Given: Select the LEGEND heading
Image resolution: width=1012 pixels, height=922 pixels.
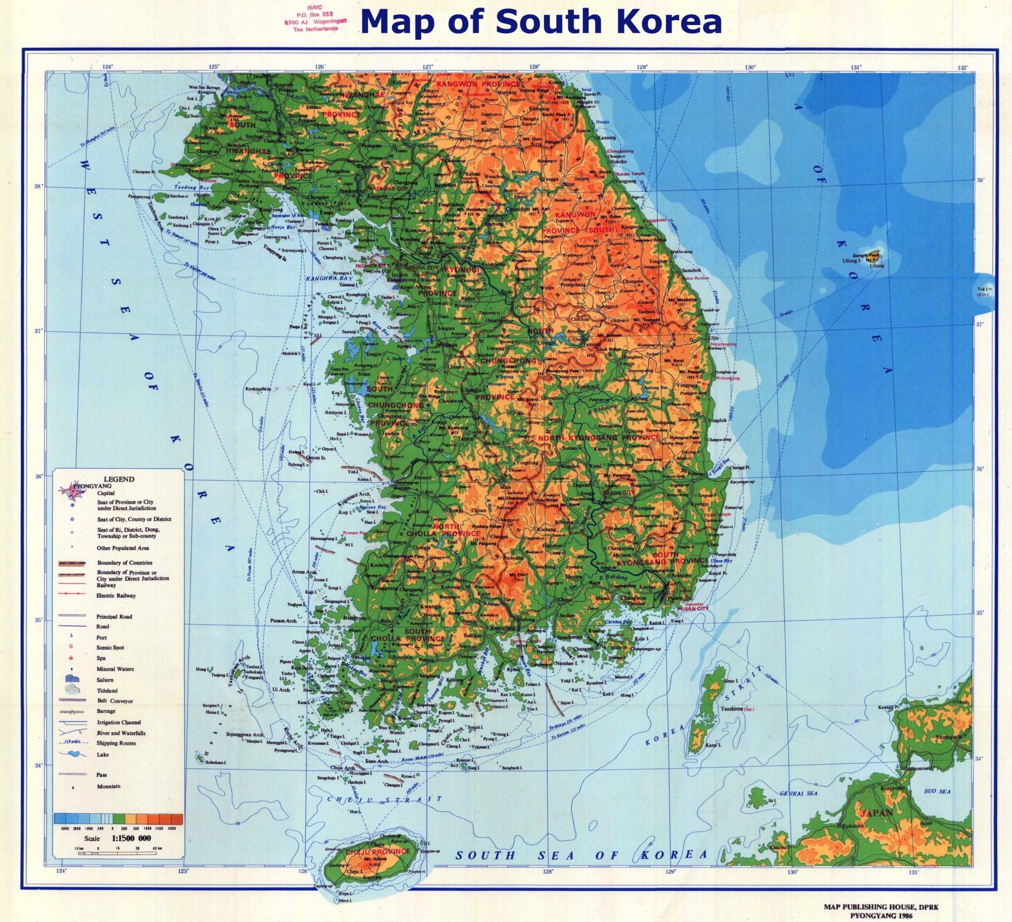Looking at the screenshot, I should pos(119,479).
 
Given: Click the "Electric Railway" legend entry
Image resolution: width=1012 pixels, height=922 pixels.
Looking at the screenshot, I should pos(117,596).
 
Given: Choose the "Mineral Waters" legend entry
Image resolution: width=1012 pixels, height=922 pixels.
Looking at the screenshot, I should pos(115,669).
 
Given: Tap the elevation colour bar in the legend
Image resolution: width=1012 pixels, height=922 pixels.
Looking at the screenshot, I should pos(118,820).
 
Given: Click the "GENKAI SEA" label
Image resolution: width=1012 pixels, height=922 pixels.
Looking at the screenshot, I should pos(799,794).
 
